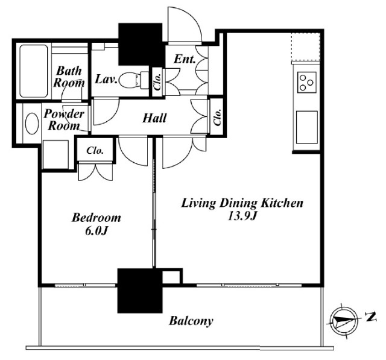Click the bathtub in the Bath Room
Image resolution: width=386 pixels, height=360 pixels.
(x=34, y=71)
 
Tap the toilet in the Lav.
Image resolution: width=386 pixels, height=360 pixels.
(x=134, y=79)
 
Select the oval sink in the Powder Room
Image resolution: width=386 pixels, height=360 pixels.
(x=32, y=124)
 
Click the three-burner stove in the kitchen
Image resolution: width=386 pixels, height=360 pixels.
(x=307, y=82)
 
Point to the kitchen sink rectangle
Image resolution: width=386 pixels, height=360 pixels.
(x=307, y=127)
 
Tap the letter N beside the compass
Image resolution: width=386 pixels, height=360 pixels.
(x=371, y=317)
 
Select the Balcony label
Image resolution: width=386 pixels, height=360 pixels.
(x=191, y=321)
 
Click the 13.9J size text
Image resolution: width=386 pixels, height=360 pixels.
(x=242, y=216)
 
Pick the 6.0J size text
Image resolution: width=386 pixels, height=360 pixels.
(x=96, y=231)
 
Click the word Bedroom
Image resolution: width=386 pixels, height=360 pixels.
(x=96, y=218)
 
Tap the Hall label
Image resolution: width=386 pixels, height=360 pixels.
(x=154, y=118)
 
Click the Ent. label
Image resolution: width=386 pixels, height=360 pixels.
(x=185, y=59)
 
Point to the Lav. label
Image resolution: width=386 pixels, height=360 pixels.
(x=106, y=79)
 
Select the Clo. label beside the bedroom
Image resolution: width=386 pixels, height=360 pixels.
(x=95, y=150)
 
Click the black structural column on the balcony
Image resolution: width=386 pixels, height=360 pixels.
(x=140, y=291)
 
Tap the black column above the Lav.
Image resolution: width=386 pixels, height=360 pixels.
(x=141, y=44)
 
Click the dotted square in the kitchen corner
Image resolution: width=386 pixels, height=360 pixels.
(x=306, y=46)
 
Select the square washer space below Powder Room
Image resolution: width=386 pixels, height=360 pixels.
(x=55, y=154)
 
